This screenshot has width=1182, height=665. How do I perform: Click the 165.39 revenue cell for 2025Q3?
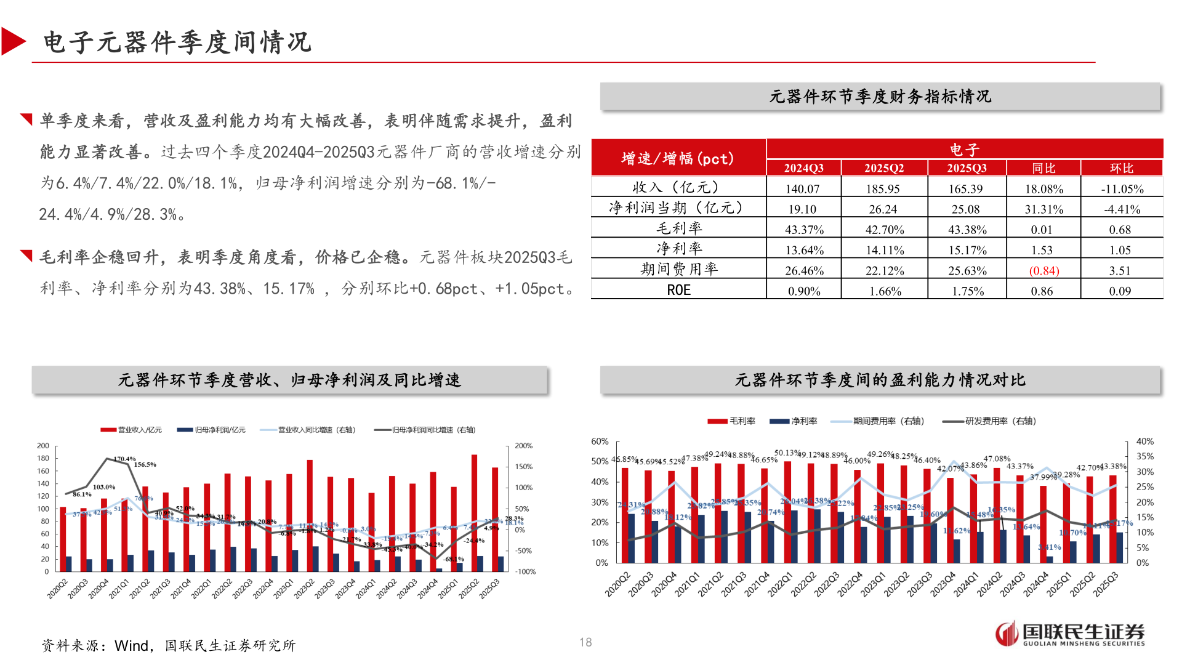point(965,189)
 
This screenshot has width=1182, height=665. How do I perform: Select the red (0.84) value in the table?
point(1043,271)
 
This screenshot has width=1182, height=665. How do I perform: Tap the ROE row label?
point(678,291)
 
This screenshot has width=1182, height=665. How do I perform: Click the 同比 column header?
point(1043,168)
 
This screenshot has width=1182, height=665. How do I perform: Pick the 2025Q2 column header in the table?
point(884,168)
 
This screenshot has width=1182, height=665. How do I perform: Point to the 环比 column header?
point(1121,168)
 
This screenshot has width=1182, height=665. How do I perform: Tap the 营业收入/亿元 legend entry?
point(132,430)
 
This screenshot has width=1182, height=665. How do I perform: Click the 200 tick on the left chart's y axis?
point(43,446)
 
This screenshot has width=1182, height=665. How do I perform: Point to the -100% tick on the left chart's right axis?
point(525,572)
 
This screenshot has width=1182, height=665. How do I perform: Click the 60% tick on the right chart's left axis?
point(600,441)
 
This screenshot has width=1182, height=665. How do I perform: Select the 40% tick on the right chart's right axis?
point(1144,441)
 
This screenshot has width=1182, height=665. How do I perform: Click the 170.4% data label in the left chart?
point(124,459)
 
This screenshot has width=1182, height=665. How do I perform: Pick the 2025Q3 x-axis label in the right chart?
point(1106,584)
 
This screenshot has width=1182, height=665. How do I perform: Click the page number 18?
point(585,642)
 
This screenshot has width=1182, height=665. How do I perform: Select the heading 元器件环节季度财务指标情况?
point(880,97)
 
